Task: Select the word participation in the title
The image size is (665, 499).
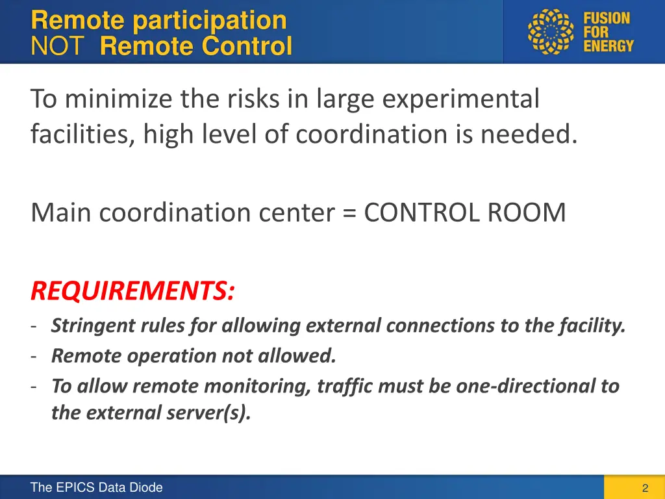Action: (209, 20)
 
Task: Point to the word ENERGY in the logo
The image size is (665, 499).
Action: (608, 47)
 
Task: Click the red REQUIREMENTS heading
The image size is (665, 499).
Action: (132, 291)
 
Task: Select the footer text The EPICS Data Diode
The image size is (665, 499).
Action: (96, 487)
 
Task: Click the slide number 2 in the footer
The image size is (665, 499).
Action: (645, 488)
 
